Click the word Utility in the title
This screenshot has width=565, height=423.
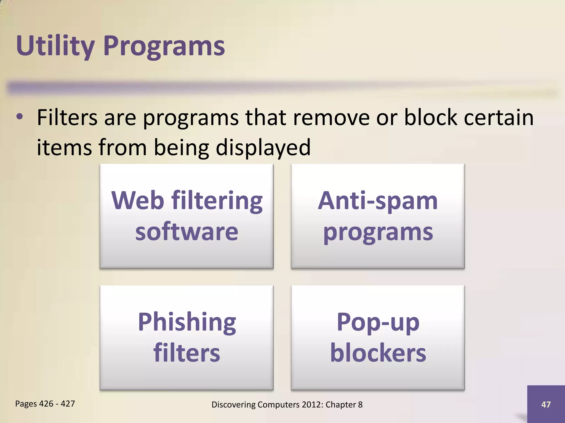click(55, 46)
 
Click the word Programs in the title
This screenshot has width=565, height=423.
click(164, 46)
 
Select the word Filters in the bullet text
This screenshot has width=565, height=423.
click(67, 118)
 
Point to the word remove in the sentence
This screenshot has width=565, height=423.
click(331, 118)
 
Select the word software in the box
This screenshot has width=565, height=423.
click(186, 232)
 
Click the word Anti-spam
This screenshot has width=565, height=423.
click(378, 200)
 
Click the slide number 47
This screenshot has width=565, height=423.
click(546, 404)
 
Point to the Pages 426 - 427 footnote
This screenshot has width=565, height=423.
click(45, 404)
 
